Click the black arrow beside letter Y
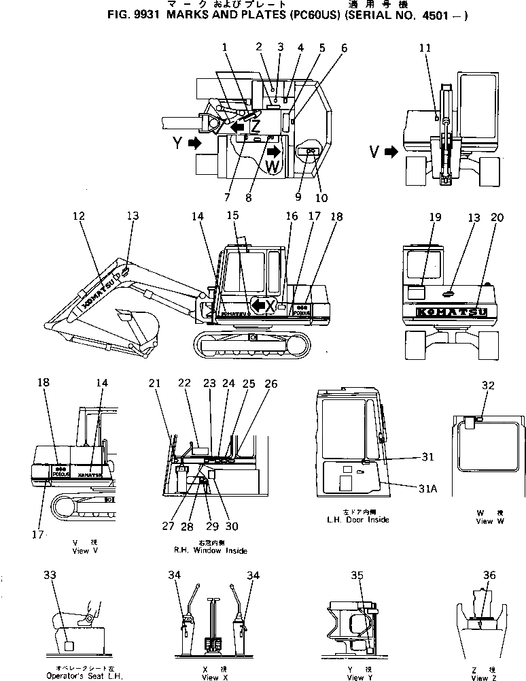coord(195,143)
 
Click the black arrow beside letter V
coord(391,152)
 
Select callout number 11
coord(425,48)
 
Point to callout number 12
coord(79,216)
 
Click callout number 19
coord(435,217)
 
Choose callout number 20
coord(497,217)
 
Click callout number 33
coord(49,576)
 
